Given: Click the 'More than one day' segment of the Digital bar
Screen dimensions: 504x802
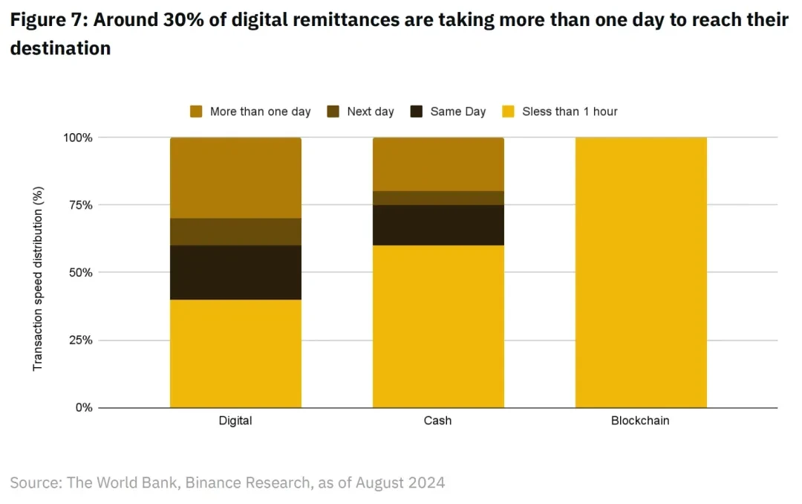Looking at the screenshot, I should pos(235,178).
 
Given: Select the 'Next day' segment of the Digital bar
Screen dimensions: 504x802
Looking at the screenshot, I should pos(235,231).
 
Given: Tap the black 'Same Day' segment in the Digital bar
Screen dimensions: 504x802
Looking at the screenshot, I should pos(235,272).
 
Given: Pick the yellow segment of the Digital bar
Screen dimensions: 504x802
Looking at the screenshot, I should pos(235,353).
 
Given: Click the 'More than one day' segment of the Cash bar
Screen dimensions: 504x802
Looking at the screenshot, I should pos(438,164).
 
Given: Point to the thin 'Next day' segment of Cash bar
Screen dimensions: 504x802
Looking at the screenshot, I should pos(438,198).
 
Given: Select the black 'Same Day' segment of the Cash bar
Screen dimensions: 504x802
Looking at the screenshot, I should pos(438,224).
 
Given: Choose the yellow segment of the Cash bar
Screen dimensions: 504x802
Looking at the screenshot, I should pos(438,326).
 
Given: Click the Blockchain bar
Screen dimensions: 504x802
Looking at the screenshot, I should pos(641,272).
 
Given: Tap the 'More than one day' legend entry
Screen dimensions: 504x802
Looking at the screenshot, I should pos(250,112).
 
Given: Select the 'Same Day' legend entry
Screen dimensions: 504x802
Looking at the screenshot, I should pos(449,112).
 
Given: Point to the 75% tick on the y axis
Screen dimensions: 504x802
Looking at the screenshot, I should pos(77,205).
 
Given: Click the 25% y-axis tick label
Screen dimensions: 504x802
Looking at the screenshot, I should pos(77,340).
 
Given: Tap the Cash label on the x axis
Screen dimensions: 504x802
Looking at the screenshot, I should pos(438,421).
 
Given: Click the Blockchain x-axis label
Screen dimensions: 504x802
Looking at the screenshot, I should pos(640,421).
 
